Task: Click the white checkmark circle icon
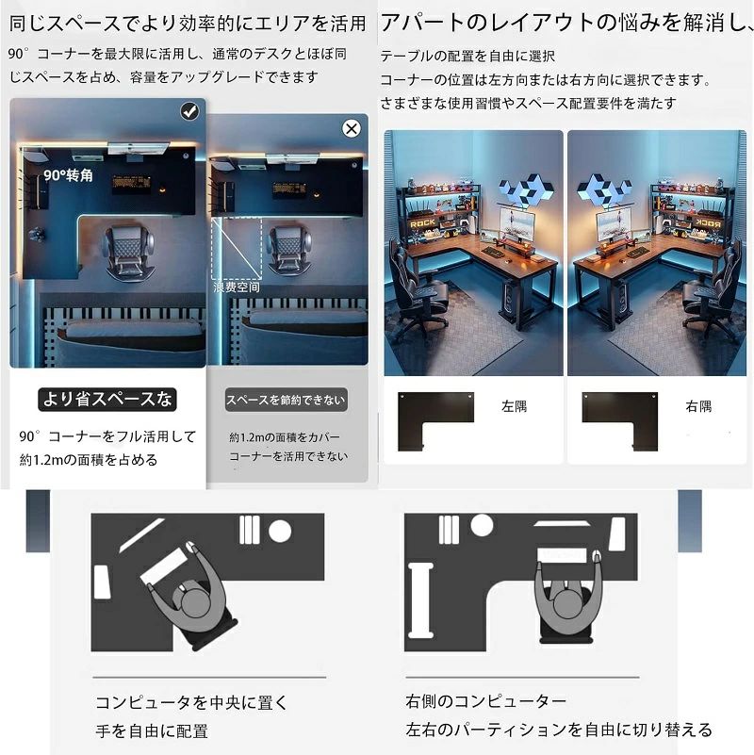(189, 111)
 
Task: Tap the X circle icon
(352, 128)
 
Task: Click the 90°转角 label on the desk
(69, 175)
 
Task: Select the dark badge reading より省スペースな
(107, 399)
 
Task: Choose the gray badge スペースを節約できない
(286, 400)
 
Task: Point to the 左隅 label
(515, 406)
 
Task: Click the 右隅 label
(698, 406)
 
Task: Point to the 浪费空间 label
(237, 287)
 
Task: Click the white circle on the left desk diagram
(280, 531)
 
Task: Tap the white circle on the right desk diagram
(482, 525)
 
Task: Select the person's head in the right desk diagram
(567, 605)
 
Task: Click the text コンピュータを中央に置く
(191, 702)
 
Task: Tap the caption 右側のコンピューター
(485, 701)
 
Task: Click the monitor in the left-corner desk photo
(517, 225)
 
